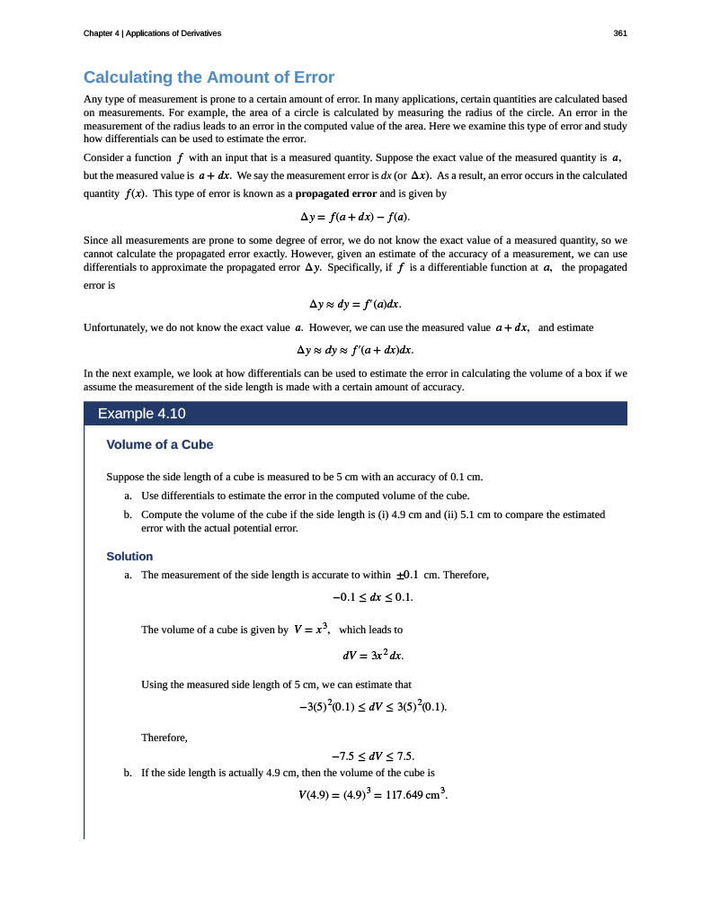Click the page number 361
tap(619, 33)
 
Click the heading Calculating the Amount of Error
tap(209, 76)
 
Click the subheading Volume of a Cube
tap(159, 444)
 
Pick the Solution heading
tap(129, 556)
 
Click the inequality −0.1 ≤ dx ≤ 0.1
tap(372, 596)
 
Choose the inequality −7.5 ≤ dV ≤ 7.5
tap(372, 755)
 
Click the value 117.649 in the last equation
tap(404, 795)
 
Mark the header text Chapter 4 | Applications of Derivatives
tap(152, 33)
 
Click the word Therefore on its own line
tap(164, 738)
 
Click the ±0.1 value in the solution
tap(407, 574)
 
